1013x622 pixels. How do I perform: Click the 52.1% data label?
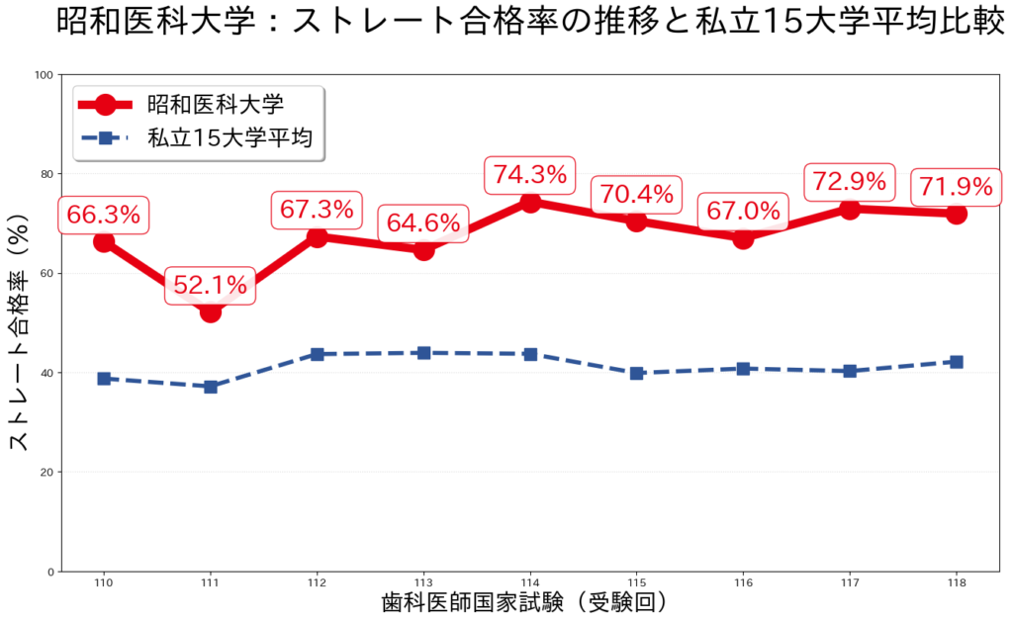(210, 287)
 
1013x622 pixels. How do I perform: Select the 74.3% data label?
(530, 176)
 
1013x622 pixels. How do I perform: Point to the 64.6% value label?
(423, 223)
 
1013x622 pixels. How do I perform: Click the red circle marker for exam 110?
(104, 241)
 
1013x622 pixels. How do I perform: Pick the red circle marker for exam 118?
(957, 214)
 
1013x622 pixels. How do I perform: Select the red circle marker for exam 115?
(637, 222)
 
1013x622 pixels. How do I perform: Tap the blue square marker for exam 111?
(211, 387)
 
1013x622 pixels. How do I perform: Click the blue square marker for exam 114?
(530, 354)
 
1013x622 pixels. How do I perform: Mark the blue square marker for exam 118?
(957, 362)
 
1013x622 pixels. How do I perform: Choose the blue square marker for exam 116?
(744, 368)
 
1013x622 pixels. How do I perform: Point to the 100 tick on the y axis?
(44, 74)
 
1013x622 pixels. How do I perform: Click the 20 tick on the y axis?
(46, 472)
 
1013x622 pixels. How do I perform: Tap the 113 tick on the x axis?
(423, 583)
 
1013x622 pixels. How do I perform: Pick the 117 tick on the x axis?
(850, 583)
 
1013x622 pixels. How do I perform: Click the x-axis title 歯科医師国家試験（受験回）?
(530, 602)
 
